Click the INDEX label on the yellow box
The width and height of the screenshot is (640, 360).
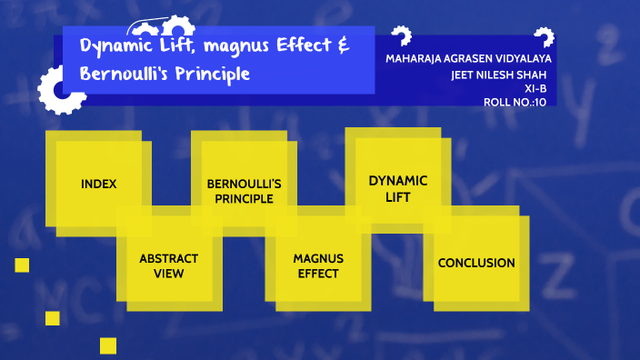tap(98, 184)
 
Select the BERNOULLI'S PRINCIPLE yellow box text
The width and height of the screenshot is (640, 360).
tap(244, 191)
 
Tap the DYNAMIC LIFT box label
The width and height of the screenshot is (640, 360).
tap(397, 188)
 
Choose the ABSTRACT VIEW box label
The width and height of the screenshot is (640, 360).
tap(168, 265)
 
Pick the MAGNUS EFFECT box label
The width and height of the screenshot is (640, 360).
tap(317, 265)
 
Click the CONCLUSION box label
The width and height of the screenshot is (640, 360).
tap(476, 263)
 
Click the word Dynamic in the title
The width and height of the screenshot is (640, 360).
tap(116, 47)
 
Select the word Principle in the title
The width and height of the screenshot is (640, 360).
tap(213, 73)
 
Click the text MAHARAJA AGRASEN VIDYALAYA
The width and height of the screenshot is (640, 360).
tap(468, 59)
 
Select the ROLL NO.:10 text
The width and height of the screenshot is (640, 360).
tap(515, 102)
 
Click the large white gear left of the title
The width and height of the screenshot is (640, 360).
tap(60, 91)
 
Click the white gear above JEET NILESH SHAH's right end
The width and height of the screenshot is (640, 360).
tap(544, 37)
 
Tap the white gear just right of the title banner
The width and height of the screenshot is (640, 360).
tap(400, 36)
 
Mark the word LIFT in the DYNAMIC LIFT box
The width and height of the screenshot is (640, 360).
tap(397, 196)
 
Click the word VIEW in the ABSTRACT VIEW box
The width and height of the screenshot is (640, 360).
tap(168, 273)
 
